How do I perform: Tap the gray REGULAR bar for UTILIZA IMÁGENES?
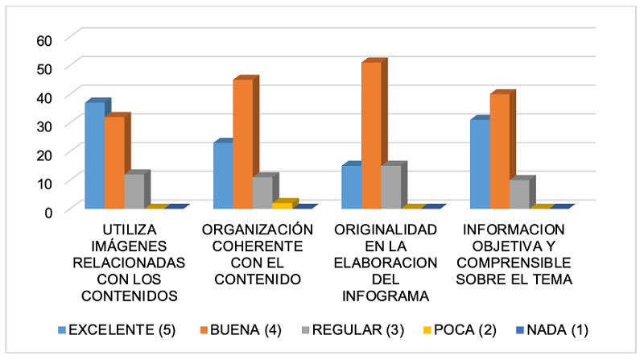134,191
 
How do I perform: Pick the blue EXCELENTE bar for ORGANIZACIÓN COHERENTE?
223,175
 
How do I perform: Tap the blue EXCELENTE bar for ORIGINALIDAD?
351,186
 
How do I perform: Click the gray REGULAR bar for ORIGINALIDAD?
390,186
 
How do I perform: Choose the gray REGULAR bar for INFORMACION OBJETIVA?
519,193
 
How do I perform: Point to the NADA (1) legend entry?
556,329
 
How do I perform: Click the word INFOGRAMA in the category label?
385,295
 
